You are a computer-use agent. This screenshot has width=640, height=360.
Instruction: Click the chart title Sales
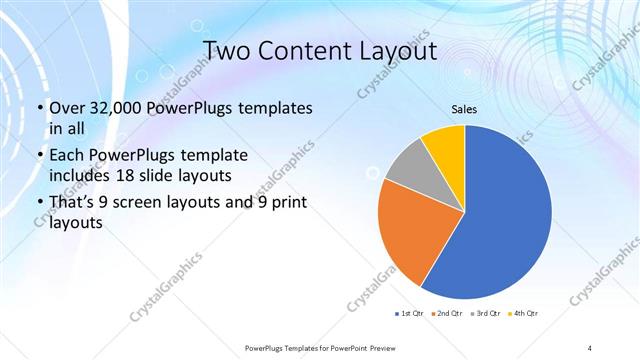[464, 109]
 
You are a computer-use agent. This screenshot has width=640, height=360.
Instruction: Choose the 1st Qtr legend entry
[410, 314]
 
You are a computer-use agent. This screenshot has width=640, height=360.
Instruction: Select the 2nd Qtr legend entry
[446, 314]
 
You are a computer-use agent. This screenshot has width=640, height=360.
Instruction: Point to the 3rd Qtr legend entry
[484, 314]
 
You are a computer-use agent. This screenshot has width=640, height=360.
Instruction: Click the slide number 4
[590, 347]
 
